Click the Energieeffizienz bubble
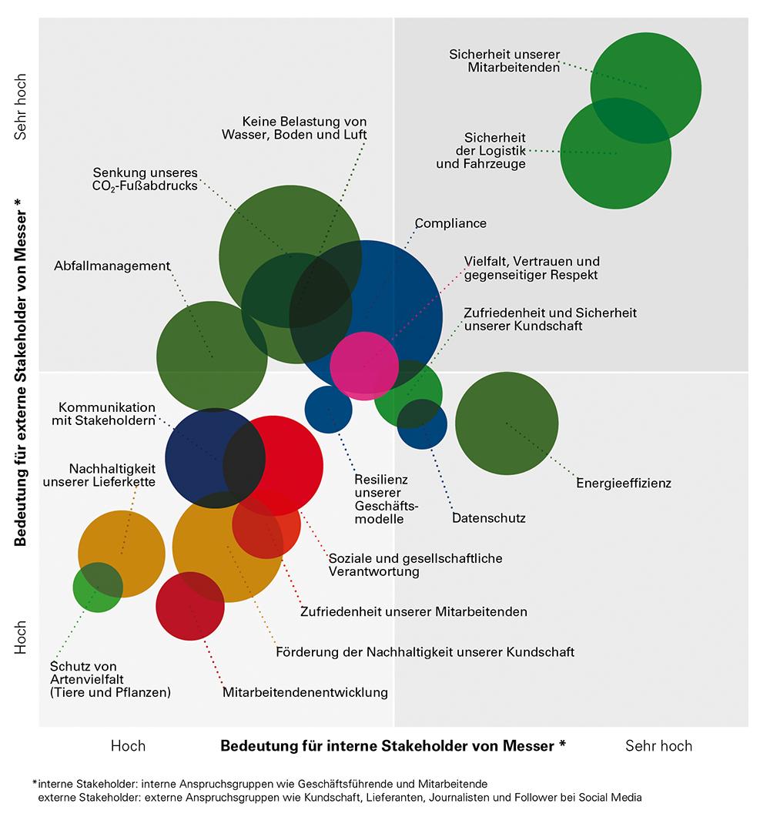[506, 423]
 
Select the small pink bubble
[364, 365]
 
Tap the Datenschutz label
[488, 518]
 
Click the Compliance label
[450, 223]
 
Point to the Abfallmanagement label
[112, 266]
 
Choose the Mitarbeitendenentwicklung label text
[305, 692]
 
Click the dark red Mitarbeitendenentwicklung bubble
[189, 606]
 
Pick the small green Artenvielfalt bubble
[98, 587]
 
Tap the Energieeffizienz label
[624, 484]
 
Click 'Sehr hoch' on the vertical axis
[21, 107]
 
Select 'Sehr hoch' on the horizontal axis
[658, 746]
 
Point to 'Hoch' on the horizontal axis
[128, 746]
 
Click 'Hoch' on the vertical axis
[21, 638]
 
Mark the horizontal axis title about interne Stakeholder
[393, 746]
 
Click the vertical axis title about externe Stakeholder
[21, 372]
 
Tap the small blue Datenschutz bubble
[423, 424]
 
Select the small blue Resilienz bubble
[328, 409]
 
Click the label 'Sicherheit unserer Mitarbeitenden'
[504, 61]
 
